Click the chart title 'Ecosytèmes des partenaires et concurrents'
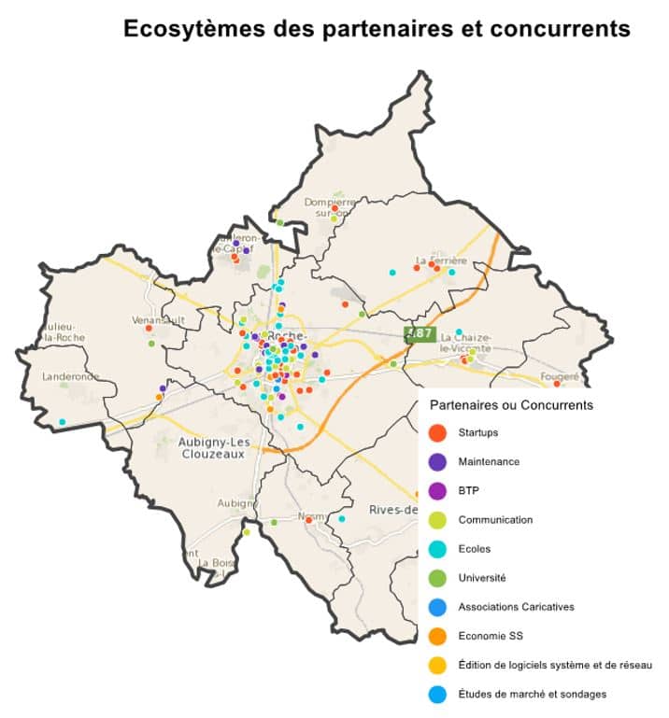(x=377, y=29)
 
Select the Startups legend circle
(x=436, y=433)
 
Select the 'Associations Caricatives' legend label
(x=516, y=607)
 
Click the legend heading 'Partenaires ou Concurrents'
(x=511, y=405)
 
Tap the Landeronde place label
(x=70, y=377)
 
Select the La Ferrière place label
(x=440, y=259)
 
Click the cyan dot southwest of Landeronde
(x=63, y=422)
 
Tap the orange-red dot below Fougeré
(x=557, y=384)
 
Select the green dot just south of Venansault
(x=151, y=344)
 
